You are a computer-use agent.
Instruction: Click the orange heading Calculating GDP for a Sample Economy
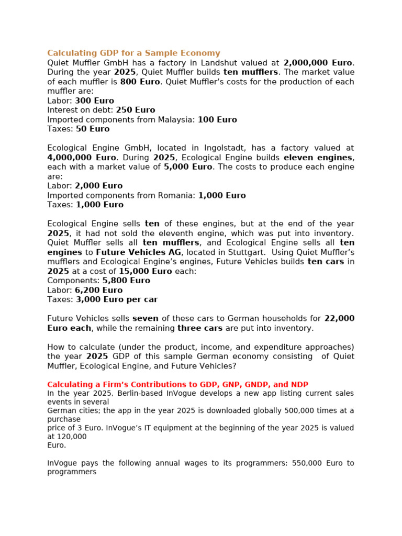(133, 53)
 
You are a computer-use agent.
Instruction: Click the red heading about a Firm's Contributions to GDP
(181, 384)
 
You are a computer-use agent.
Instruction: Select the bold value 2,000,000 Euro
(318, 63)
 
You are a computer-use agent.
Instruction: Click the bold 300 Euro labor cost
(94, 100)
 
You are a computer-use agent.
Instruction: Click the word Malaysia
(175, 119)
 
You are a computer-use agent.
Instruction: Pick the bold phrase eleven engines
(318, 158)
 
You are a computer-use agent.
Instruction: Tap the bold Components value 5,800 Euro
(126, 281)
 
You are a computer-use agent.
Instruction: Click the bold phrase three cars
(200, 328)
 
